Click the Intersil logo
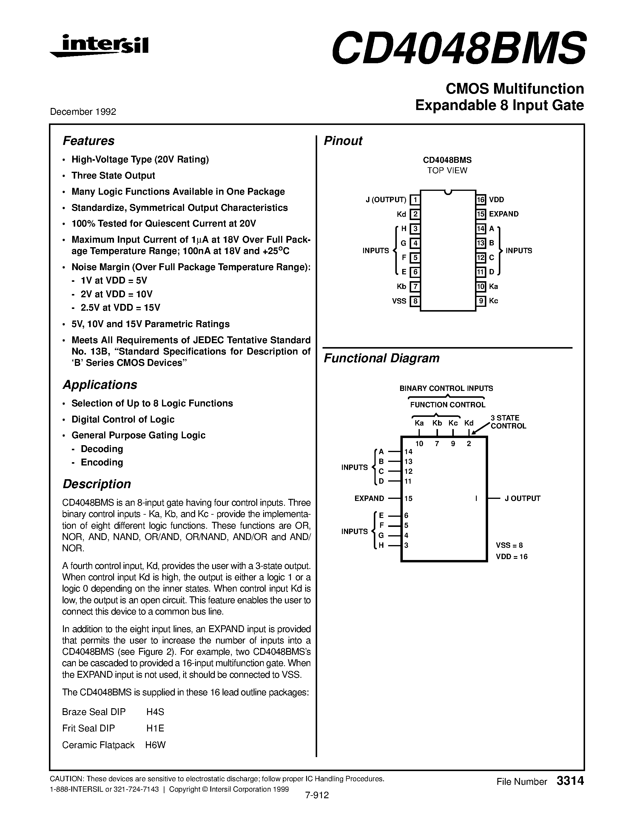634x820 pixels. click(100, 46)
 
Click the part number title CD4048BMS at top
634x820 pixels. click(458, 48)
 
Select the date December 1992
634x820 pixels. click(83, 112)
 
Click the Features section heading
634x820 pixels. click(88, 141)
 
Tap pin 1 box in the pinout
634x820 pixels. click(415, 200)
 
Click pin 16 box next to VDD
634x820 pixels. click(481, 200)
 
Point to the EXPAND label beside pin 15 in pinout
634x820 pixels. click(503, 214)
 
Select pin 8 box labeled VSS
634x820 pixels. click(415, 301)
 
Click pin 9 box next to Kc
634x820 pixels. click(481, 301)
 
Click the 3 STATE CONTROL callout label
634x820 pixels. click(508, 422)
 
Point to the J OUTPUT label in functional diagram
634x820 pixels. click(522, 498)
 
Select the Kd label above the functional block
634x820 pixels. click(469, 423)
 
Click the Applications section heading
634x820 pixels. click(100, 385)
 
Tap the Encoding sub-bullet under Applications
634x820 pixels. click(102, 462)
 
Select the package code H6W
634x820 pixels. click(155, 745)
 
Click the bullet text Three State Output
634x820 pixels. click(113, 176)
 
